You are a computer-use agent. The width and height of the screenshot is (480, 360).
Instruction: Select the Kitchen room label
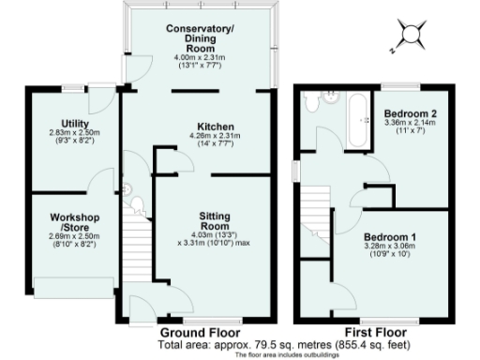coord(215,127)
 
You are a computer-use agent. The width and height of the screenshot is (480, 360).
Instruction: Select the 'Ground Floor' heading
coord(200,333)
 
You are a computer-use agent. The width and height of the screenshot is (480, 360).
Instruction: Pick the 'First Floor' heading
coord(376,333)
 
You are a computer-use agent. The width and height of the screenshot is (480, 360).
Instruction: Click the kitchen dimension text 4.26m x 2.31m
coord(215,137)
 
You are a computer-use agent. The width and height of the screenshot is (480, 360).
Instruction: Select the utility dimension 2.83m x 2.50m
coord(75,134)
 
